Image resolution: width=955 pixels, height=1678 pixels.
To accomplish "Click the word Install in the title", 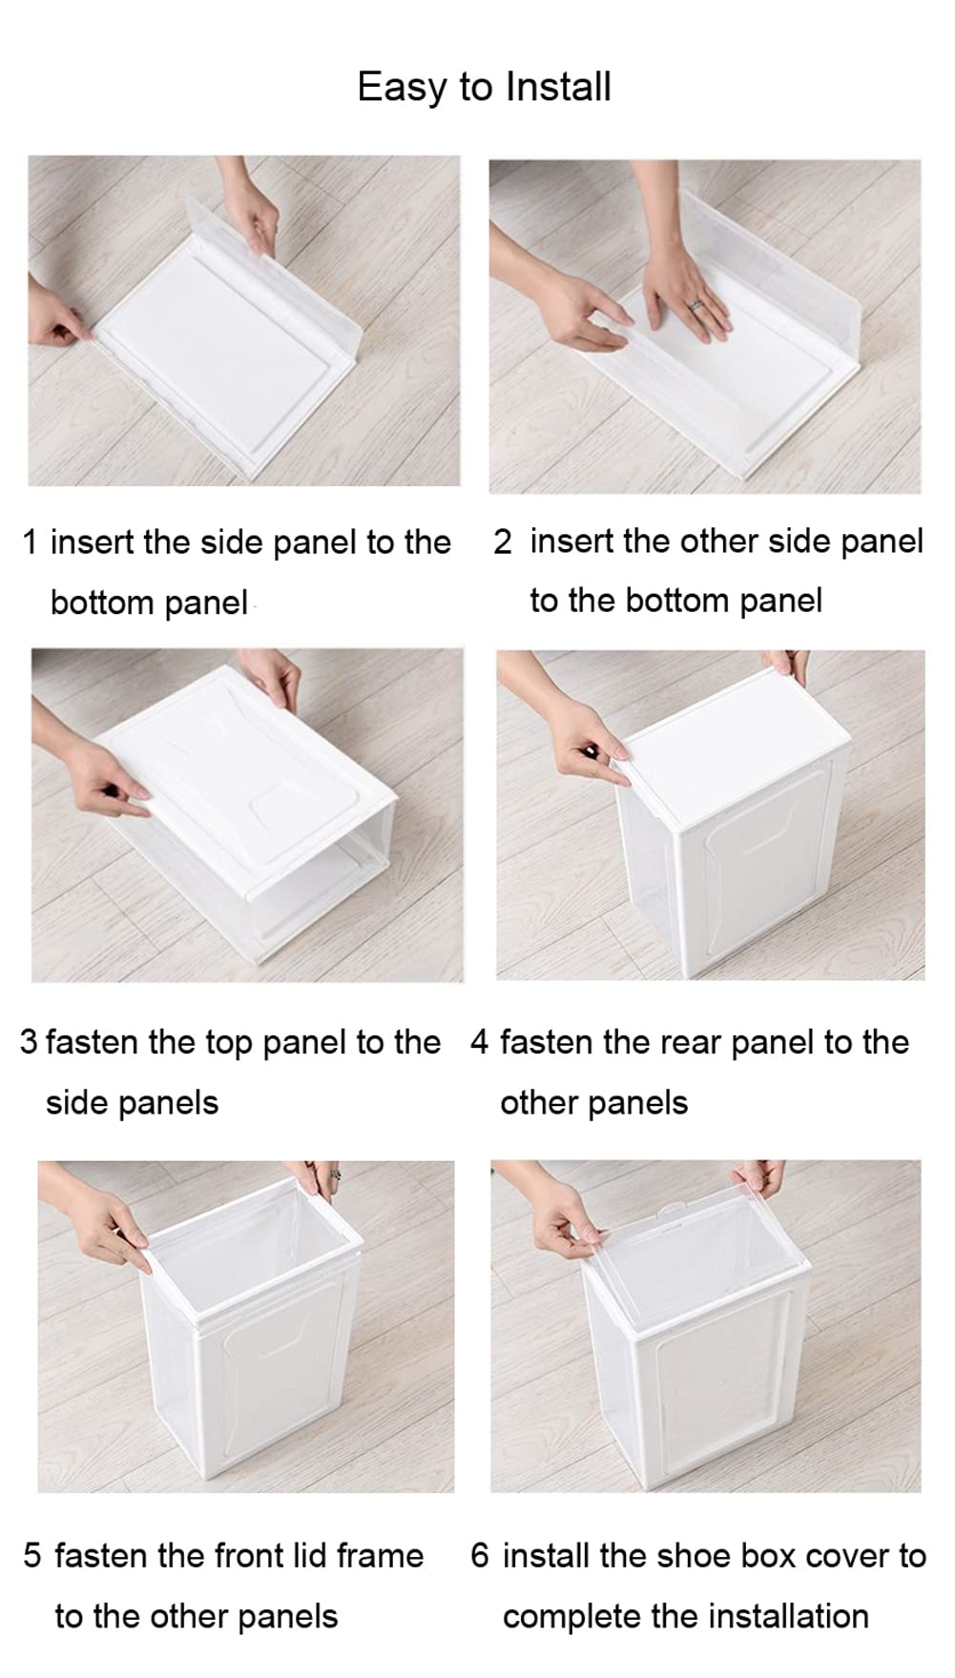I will point(558,87).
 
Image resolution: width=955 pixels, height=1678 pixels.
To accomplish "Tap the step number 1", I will point(30,542).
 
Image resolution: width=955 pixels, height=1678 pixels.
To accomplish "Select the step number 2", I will point(502,542).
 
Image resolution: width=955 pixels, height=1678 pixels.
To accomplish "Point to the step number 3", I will point(29,1042).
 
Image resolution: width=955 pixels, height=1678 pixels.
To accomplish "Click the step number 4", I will point(479,1042).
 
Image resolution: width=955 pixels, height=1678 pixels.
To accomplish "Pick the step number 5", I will point(32,1555).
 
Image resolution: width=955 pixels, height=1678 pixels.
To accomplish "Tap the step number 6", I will point(479,1555).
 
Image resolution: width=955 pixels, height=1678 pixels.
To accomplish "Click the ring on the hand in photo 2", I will point(695,303).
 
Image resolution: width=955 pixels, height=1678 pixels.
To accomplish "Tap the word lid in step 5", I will point(308,1555).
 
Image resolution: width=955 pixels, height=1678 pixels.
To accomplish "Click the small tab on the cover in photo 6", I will point(675,1211).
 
